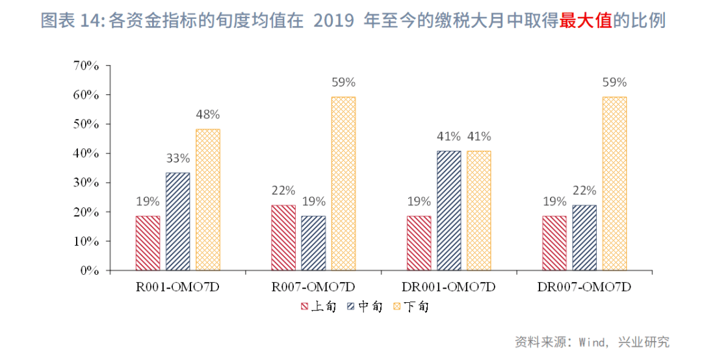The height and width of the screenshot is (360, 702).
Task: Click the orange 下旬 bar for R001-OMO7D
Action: point(208,199)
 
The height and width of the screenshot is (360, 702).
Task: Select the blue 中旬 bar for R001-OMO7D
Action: point(177,222)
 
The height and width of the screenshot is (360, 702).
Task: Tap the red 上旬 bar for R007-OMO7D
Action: point(283,238)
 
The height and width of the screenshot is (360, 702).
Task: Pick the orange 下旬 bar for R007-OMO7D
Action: point(343,184)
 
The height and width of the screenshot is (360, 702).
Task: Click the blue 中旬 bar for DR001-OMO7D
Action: point(449,211)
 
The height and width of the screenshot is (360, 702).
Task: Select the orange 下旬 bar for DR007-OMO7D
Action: point(614,184)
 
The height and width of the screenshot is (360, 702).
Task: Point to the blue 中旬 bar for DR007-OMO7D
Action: point(584,238)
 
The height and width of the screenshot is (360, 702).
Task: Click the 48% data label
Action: point(208,114)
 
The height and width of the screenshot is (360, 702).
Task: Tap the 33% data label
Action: point(177,158)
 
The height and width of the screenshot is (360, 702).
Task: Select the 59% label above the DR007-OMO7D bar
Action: point(614,83)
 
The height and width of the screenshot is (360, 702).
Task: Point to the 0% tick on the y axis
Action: point(89,270)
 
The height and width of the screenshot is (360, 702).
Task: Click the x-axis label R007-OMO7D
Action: point(313,287)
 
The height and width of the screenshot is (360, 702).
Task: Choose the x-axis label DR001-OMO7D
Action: point(449,287)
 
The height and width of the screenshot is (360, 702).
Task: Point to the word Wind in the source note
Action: point(592,342)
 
